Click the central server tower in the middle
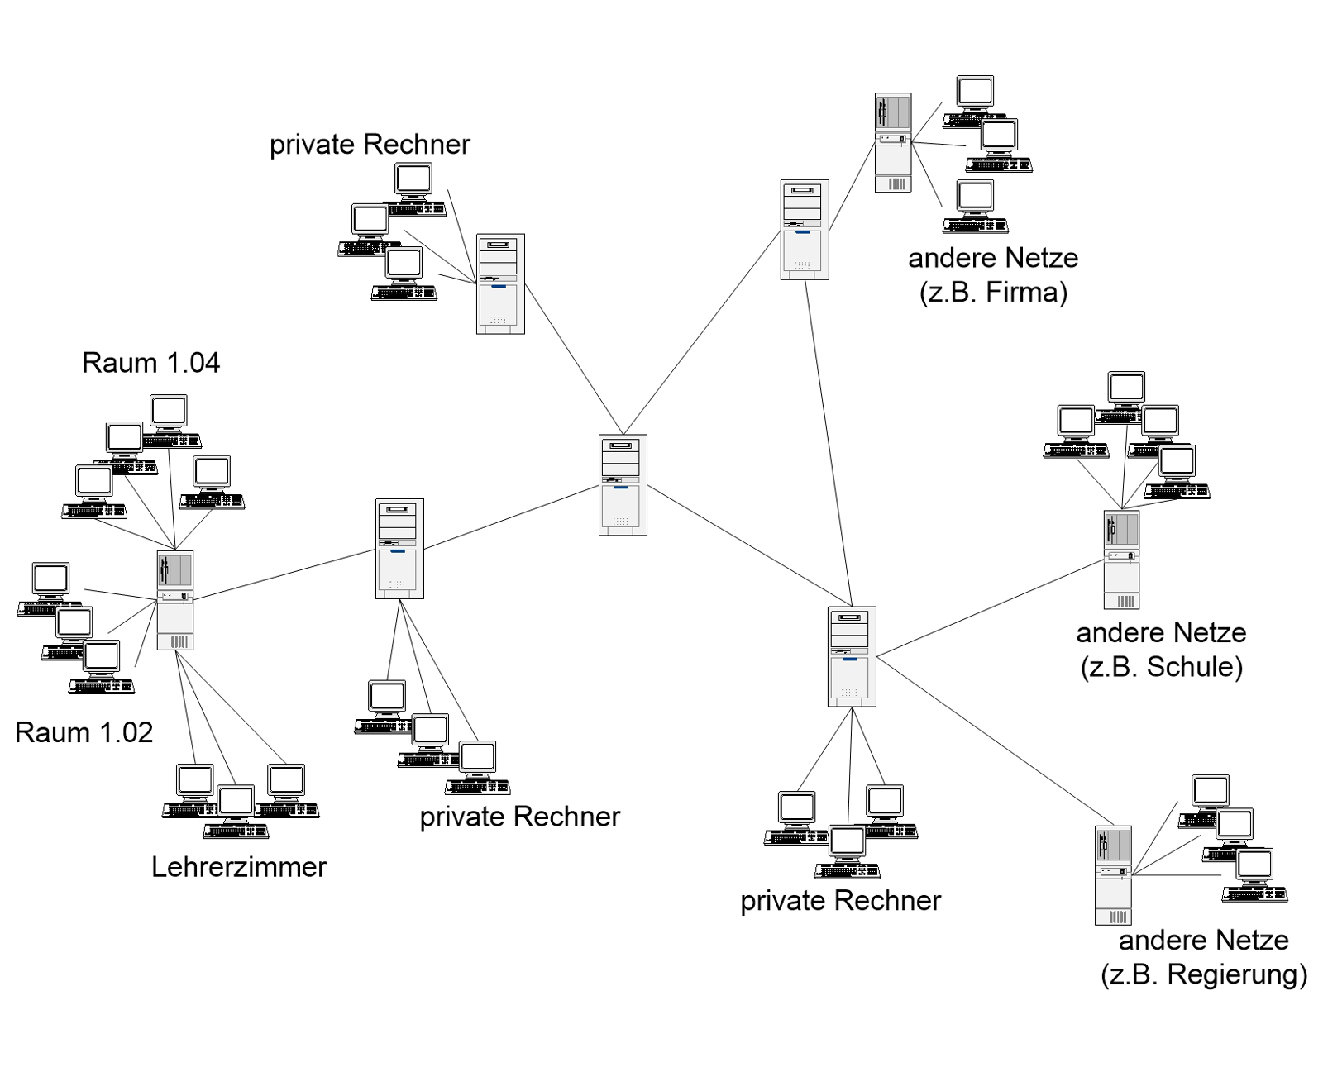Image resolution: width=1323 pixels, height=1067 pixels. point(623,485)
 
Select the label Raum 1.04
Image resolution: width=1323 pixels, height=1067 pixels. point(151,363)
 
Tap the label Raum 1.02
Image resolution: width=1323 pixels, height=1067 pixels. point(84,732)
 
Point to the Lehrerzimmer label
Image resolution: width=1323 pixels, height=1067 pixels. point(239,867)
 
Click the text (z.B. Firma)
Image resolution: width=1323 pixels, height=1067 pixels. point(993,293)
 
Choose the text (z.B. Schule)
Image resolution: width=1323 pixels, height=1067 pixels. point(1161,667)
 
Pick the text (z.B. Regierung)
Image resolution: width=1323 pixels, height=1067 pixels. point(1204,974)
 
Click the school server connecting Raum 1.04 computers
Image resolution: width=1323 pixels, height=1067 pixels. point(175,600)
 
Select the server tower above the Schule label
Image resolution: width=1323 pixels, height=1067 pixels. point(1121,560)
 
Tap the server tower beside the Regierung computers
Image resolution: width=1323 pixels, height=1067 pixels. point(1113,874)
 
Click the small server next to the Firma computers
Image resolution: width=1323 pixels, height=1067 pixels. point(893,142)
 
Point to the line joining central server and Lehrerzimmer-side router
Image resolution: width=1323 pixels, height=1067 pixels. point(511,517)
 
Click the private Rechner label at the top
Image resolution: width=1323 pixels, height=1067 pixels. point(370,145)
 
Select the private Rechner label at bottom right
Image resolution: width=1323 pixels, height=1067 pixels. point(840,901)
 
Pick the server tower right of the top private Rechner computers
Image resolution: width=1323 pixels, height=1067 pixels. point(500,283)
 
